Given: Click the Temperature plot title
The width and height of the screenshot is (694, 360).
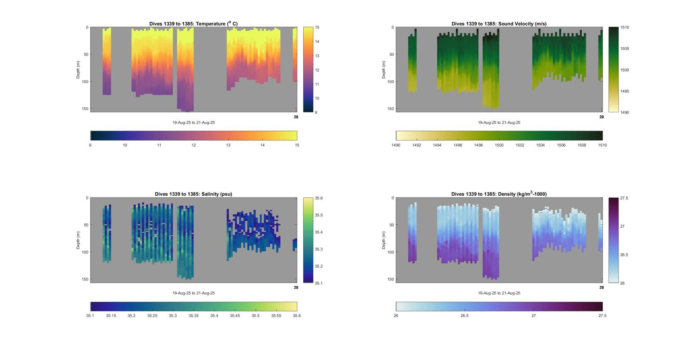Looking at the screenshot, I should pyautogui.click(x=193, y=24).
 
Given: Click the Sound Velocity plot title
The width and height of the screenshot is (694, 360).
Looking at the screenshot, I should pyautogui.click(x=499, y=24).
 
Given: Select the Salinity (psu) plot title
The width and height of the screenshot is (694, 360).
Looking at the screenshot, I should pyautogui.click(x=193, y=194).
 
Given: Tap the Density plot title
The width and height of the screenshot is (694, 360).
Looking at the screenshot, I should pyautogui.click(x=499, y=194).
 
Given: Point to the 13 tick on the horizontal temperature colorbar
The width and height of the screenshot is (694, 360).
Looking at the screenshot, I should pyautogui.click(x=228, y=145).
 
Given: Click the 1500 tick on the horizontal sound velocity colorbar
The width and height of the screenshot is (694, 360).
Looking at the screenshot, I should pyautogui.click(x=499, y=145).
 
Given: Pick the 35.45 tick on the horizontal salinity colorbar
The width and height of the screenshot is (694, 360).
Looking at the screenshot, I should pyautogui.click(x=235, y=316).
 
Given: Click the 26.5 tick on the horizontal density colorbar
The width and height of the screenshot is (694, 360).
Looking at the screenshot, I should pyautogui.click(x=465, y=316).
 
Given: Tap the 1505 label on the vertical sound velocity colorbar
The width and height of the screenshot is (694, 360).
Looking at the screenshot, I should pyautogui.click(x=625, y=49).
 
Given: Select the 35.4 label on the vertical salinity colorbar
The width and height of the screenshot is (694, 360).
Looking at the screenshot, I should pyautogui.click(x=319, y=232).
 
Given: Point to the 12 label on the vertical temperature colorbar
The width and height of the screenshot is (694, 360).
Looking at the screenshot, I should pyautogui.click(x=317, y=70).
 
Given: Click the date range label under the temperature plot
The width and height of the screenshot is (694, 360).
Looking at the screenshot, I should pyautogui.click(x=193, y=123).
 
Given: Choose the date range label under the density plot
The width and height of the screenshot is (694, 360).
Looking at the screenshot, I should pyautogui.click(x=499, y=293).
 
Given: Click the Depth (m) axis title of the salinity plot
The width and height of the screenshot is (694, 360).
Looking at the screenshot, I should pyautogui.click(x=79, y=240).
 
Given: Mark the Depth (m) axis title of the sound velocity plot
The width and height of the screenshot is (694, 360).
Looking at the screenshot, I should pyautogui.click(x=384, y=70).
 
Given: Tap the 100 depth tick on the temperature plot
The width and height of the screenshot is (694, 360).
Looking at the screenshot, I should pyautogui.click(x=85, y=82).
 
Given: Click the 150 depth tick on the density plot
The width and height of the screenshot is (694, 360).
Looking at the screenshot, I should pyautogui.click(x=390, y=279).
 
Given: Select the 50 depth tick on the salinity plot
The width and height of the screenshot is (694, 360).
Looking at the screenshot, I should pyautogui.click(x=86, y=225).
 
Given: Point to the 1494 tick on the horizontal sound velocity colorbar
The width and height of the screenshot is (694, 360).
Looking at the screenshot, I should pyautogui.click(x=437, y=145).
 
